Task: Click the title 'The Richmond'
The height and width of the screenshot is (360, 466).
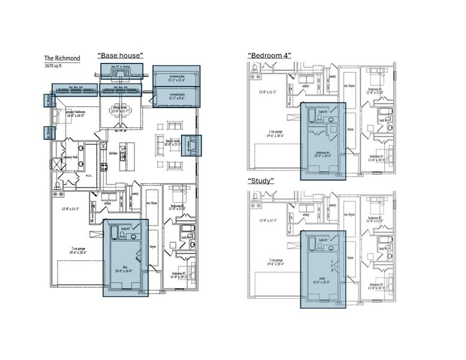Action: (x=62, y=59)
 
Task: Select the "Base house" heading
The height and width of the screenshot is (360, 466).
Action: (x=121, y=55)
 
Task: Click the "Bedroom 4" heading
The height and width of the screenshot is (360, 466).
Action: (x=269, y=55)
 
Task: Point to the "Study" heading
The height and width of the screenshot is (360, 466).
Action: (x=261, y=180)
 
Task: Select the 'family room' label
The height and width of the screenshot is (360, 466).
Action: (x=176, y=142)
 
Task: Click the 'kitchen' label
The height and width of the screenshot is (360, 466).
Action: (x=112, y=153)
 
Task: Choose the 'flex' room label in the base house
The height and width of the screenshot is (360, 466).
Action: (x=125, y=266)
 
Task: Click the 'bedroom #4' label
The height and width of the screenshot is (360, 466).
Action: (x=323, y=152)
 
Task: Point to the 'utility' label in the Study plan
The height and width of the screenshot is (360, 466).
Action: (x=306, y=214)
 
